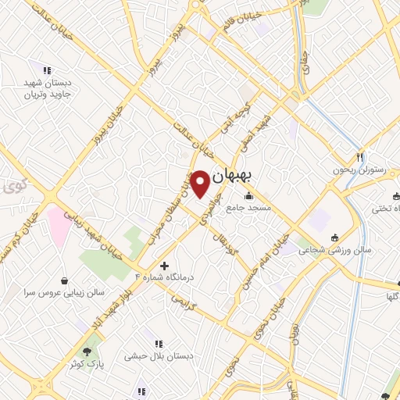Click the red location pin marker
pyautogui.click(x=201, y=183)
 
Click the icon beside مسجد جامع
pyautogui.click(x=249, y=195)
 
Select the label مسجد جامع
pyautogui.click(x=248, y=209)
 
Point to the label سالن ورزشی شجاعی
pyautogui.click(x=341, y=250)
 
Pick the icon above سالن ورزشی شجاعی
pyautogui.click(x=335, y=237)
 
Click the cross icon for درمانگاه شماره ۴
pyautogui.click(x=164, y=266)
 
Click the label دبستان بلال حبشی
pyautogui.click(x=158, y=355)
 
